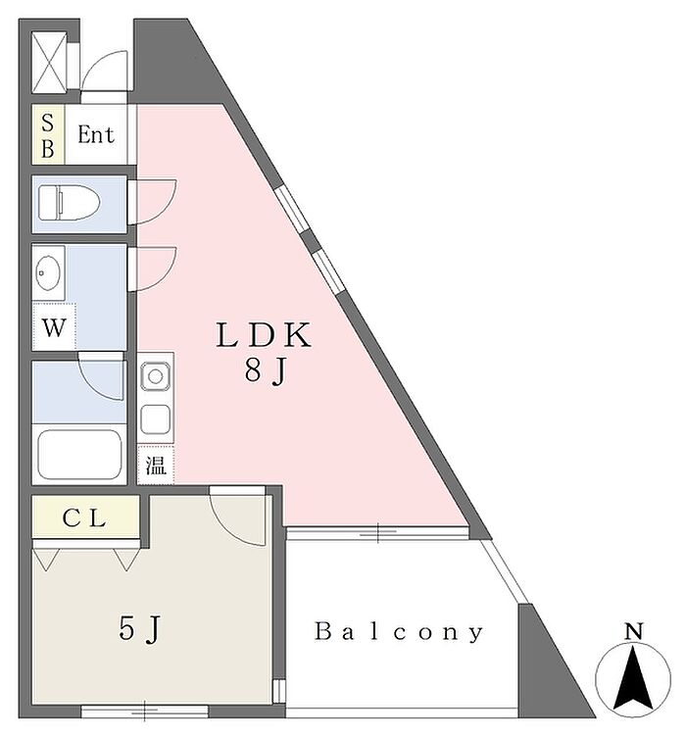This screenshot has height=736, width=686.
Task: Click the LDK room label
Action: coord(264,334)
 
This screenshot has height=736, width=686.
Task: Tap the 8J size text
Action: coord(265,370)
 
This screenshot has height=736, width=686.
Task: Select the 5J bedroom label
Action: coord(140,629)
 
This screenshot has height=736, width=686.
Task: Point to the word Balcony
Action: coord(398,631)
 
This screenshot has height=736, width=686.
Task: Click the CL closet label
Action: coord(84,518)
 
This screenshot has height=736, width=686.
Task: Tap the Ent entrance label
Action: coord(96,134)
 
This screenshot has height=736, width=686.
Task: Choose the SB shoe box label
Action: coord(48,136)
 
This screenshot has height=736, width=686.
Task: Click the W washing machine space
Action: coord(54,327)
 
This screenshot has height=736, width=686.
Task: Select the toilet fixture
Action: coord(69,203)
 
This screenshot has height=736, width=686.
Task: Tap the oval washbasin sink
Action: coord(48,272)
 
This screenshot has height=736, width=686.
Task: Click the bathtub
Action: coord(79,454)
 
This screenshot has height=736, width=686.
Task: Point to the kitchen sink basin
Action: coord(155,375)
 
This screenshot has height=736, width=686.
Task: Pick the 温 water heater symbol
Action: coord(156,466)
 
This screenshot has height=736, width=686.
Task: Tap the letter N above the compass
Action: coord(633,632)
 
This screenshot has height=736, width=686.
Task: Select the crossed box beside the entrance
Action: coord(49,63)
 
